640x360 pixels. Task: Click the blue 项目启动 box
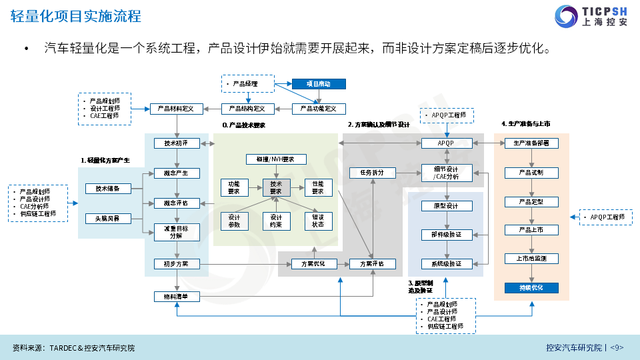click(x=320, y=84)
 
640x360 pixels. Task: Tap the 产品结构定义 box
click(x=247, y=109)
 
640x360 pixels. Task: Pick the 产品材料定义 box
click(x=176, y=109)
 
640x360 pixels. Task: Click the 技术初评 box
click(x=176, y=143)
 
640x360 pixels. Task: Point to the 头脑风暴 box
click(x=108, y=218)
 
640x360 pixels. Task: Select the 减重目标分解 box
click(x=176, y=231)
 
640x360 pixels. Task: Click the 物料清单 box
click(x=176, y=296)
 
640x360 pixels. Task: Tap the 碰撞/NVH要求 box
click(x=275, y=159)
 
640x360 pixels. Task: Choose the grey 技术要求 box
click(x=275, y=187)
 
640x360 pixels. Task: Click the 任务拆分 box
click(x=372, y=173)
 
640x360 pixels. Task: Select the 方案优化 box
click(x=313, y=264)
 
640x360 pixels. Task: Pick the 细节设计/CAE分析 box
click(x=447, y=173)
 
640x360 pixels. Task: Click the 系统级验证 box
click(x=447, y=264)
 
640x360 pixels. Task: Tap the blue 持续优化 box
click(x=531, y=288)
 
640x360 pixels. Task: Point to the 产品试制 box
click(x=531, y=173)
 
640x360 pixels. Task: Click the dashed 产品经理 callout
click(x=248, y=84)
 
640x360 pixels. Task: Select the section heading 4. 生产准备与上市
click(x=525, y=124)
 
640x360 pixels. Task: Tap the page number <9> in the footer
click(x=617, y=348)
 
